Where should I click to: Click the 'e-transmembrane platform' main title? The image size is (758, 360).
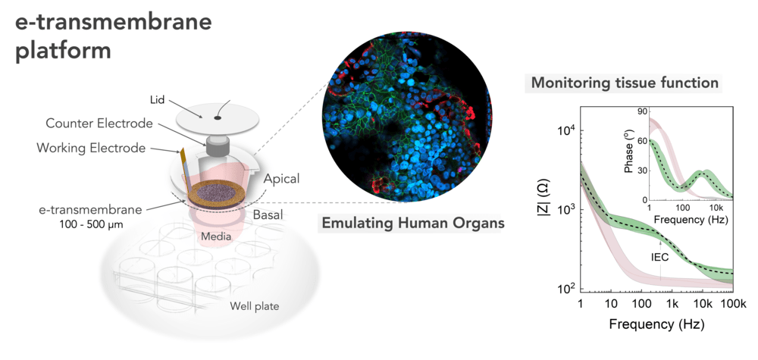click(x=113, y=36)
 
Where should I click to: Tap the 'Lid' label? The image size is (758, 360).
click(x=158, y=100)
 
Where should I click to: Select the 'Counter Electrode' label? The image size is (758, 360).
click(x=99, y=124)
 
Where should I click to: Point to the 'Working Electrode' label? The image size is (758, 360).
click(x=91, y=147)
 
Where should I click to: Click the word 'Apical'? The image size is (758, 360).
click(x=281, y=179)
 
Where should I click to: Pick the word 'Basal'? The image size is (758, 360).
click(x=268, y=214)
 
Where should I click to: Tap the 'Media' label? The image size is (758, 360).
click(x=216, y=236)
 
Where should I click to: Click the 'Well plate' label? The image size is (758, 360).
click(x=254, y=306)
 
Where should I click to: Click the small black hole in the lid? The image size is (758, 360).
click(x=218, y=117)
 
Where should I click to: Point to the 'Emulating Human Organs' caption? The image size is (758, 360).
click(x=413, y=224)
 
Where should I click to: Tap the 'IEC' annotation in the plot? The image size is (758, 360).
click(x=660, y=257)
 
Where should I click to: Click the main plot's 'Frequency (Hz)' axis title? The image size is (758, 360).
click(x=656, y=324)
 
